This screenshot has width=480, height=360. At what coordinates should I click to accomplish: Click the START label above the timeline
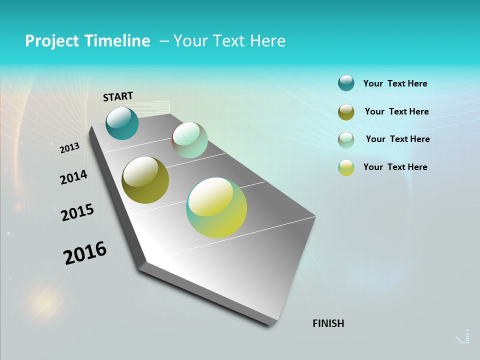(x=118, y=96)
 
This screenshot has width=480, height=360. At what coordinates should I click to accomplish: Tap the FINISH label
(x=328, y=323)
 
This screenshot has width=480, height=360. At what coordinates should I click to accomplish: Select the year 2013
(x=69, y=148)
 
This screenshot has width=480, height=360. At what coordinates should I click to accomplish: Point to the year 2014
(x=73, y=177)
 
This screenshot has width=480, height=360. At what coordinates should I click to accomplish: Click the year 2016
(x=85, y=253)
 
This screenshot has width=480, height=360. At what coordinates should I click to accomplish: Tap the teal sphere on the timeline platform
(x=122, y=123)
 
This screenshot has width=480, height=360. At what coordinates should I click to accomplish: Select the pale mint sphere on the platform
(x=189, y=140)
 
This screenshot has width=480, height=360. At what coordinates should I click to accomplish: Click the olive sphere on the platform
(x=145, y=180)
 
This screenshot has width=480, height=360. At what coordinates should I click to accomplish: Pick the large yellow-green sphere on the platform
(x=216, y=207)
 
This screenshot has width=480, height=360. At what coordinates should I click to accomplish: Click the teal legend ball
(x=346, y=83)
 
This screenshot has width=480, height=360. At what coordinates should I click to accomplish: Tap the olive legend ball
(x=346, y=111)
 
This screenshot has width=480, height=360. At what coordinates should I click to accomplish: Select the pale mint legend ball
(x=346, y=139)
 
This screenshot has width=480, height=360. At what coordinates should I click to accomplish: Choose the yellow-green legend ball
(x=346, y=167)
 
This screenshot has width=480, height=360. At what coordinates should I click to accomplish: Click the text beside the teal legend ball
(x=395, y=83)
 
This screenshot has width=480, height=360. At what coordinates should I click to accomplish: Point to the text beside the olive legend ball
(x=396, y=111)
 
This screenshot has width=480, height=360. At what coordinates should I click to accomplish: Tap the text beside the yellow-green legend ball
(x=395, y=167)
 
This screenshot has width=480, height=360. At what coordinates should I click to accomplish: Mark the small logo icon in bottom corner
(x=464, y=337)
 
